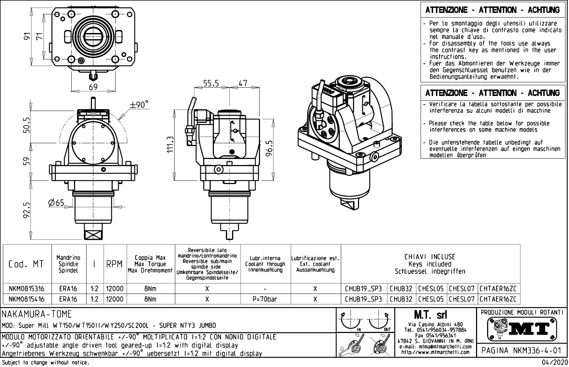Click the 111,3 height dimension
[x=171, y=144]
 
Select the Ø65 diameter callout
[x=56, y=203]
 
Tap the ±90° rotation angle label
[x=139, y=105]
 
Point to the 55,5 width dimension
[x=211, y=83]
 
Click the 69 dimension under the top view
[x=93, y=87]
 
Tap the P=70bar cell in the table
[x=265, y=299]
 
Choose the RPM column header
[x=115, y=264]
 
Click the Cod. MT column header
[x=26, y=264]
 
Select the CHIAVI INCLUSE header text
[x=430, y=257]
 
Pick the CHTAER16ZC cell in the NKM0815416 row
[x=498, y=299]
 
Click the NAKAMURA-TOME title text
[x=37, y=314]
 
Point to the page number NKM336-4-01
[x=521, y=350]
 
